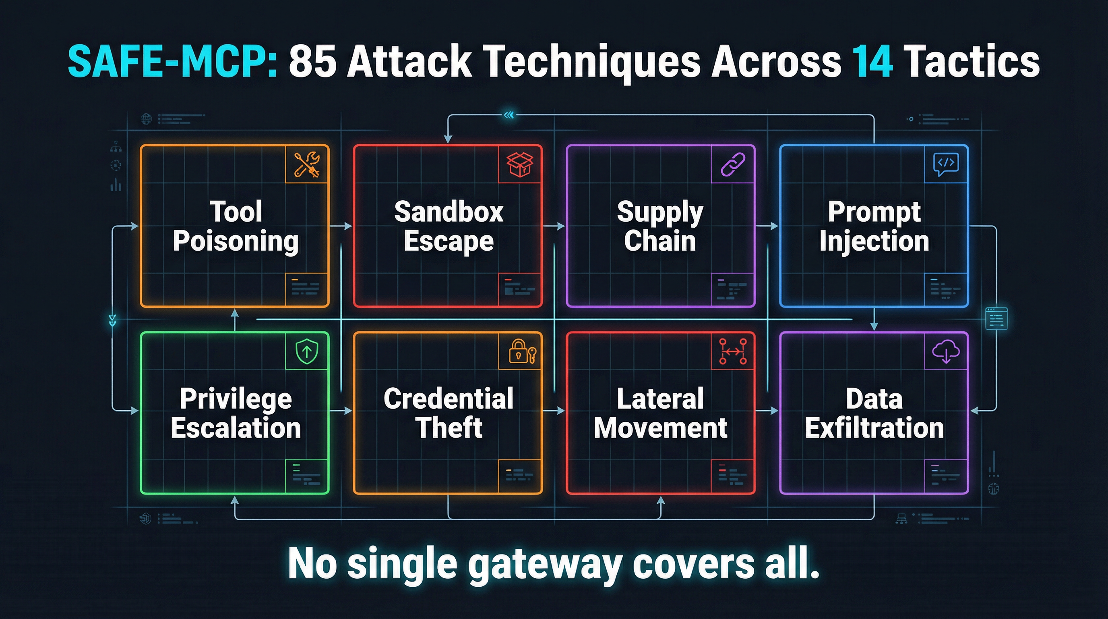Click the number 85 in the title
coord(313,62)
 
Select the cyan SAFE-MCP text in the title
coord(172,62)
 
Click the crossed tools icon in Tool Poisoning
coord(307,164)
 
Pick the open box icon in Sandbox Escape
coord(520,164)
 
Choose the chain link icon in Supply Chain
coord(733,164)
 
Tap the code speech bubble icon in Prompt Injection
coord(946,164)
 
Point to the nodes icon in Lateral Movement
coord(733,351)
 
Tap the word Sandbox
coord(449,212)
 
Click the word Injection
coord(874,241)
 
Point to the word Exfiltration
coord(874,428)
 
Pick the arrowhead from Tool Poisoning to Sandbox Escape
coord(348,226)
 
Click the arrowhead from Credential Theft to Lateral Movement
coord(560,411)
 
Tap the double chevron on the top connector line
coord(509,115)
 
